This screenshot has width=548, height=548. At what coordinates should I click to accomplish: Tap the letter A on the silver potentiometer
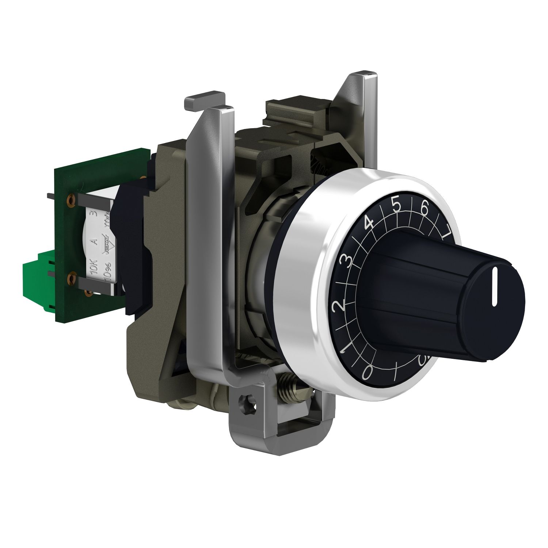pos(94,241)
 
